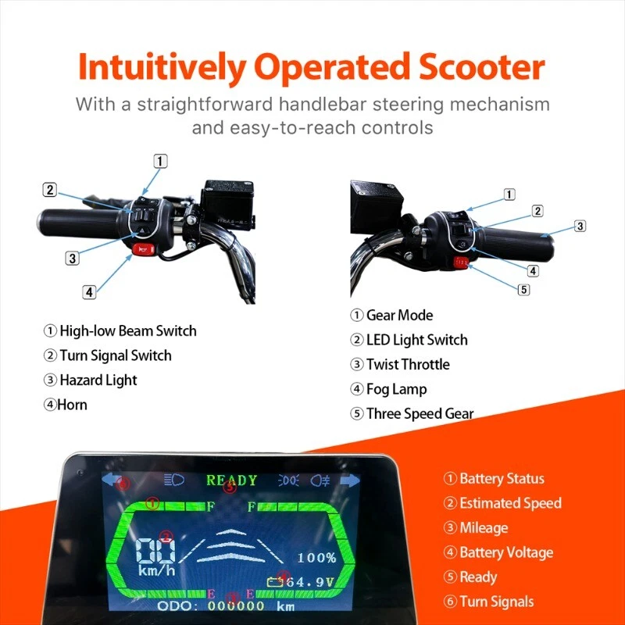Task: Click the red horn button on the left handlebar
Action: click(x=144, y=250)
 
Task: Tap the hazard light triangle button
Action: click(x=143, y=230)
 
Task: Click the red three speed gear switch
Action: click(x=461, y=262)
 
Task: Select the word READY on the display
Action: click(x=231, y=480)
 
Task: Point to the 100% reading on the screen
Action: click(x=317, y=558)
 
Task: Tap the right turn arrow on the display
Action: click(x=350, y=480)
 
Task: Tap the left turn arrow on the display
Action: click(x=112, y=480)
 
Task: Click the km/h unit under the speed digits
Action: click(x=157, y=570)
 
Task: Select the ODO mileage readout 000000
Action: click(x=236, y=606)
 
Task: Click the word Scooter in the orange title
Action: click(x=481, y=67)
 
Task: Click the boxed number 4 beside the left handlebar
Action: click(x=89, y=292)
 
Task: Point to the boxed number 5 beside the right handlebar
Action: click(x=523, y=289)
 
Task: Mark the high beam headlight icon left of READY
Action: click(x=174, y=480)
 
